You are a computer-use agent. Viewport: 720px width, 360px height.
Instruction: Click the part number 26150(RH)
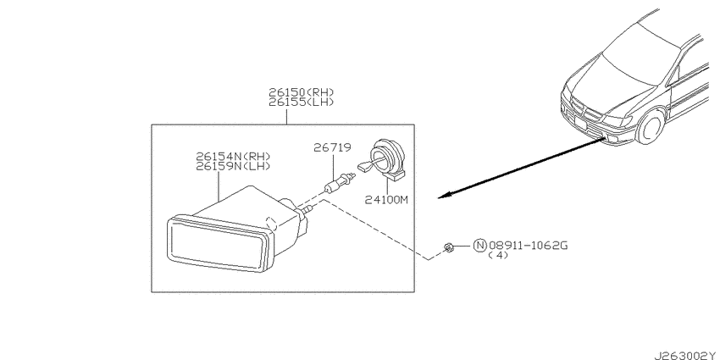click(302, 92)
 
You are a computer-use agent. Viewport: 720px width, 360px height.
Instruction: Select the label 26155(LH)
click(302, 102)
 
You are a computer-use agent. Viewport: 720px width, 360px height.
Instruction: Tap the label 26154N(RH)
click(233, 157)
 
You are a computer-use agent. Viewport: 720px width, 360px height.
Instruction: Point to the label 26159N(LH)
click(233, 166)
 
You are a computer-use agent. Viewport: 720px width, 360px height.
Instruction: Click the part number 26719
click(332, 147)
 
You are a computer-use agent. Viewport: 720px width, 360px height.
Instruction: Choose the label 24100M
click(386, 200)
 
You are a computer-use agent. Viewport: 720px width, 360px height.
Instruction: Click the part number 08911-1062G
click(528, 246)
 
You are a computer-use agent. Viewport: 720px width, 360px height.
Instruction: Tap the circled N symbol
click(479, 246)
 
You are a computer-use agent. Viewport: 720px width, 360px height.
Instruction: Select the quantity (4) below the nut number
click(498, 255)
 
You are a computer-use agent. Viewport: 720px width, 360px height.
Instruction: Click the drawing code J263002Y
click(686, 356)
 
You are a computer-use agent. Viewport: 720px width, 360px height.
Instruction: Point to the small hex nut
click(448, 248)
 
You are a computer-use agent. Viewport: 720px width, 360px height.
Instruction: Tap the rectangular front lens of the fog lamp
click(218, 243)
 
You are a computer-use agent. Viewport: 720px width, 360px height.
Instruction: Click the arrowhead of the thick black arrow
click(445, 195)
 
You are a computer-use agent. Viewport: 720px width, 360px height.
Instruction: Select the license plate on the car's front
click(581, 123)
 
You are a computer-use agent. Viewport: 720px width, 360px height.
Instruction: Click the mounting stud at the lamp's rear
click(307, 210)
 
